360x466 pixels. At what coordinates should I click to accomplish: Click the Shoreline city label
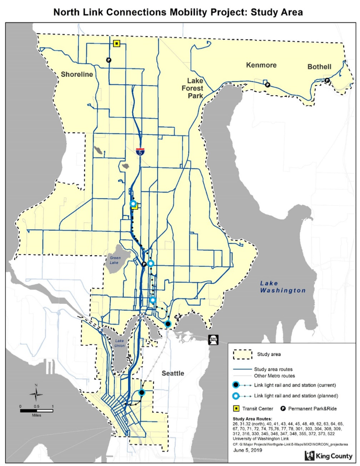tap(77, 74)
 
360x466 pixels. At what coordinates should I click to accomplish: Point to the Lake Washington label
tap(283, 286)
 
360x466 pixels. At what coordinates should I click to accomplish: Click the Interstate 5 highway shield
tap(140, 152)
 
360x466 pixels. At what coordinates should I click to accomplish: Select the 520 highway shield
tap(213, 339)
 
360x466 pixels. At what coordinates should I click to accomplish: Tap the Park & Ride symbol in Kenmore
tap(266, 84)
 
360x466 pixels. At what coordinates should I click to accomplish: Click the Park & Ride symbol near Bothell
tap(327, 81)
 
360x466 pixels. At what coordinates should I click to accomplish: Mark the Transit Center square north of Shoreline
tap(117, 43)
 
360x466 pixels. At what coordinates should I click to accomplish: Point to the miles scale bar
tap(37, 410)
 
